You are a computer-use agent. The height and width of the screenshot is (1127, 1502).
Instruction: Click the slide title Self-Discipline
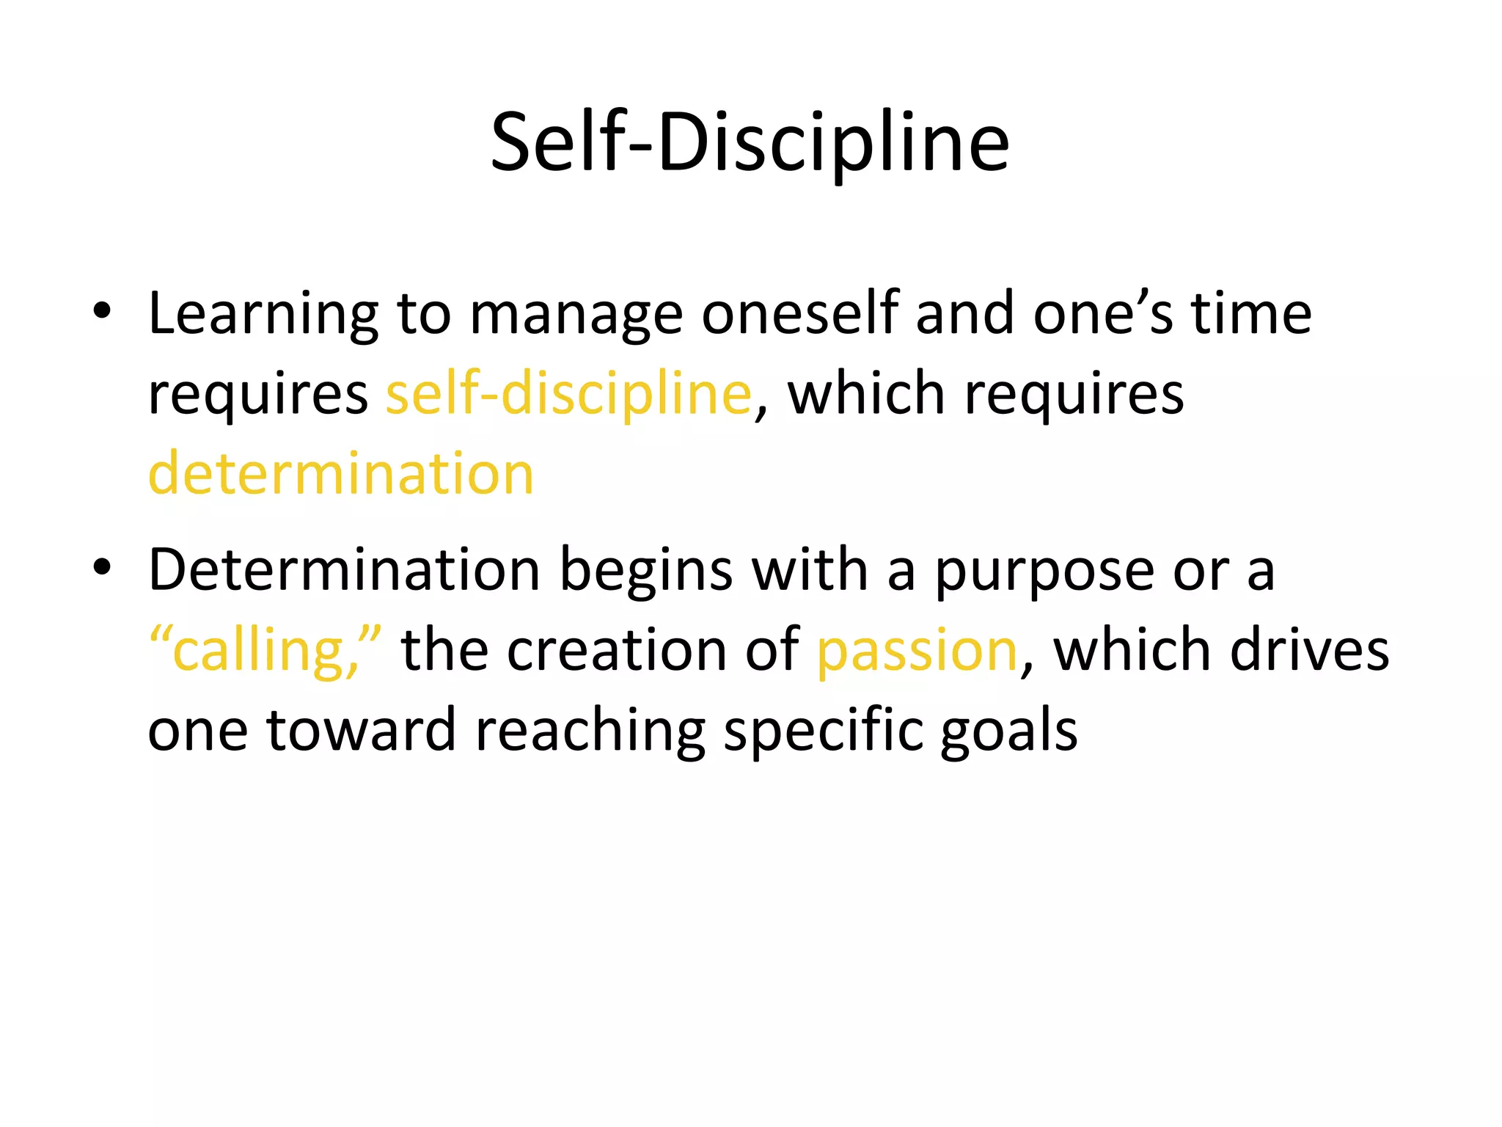click(750, 143)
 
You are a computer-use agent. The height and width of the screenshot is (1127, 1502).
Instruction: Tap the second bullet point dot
click(102, 567)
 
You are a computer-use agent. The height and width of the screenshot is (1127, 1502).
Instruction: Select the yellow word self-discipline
click(569, 395)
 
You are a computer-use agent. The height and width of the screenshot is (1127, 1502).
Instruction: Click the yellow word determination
click(341, 473)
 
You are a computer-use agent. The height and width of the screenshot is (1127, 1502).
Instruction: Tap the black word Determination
click(344, 569)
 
